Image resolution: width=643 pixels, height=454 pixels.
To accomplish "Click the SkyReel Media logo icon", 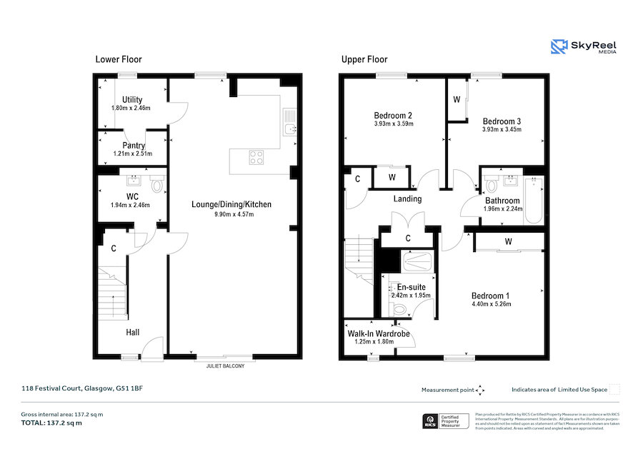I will tap(559, 47).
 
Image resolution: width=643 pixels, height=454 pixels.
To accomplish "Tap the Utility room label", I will tap(132, 99).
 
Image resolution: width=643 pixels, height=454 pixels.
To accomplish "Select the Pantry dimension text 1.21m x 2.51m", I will tap(132, 153).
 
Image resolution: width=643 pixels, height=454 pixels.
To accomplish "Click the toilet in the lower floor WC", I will tap(159, 185).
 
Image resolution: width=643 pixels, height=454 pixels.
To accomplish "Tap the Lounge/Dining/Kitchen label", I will tap(231, 205).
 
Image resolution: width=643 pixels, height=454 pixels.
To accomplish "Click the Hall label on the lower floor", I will tap(133, 332).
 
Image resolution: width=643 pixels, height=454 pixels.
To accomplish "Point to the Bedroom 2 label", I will tap(393, 115).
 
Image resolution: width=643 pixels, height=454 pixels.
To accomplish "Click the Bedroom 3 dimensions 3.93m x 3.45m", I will tap(502, 130).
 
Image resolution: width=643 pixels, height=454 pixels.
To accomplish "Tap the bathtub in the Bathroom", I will tap(534, 200).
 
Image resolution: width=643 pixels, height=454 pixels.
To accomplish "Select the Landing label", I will tap(407, 198).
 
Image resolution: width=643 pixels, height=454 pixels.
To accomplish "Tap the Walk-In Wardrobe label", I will tap(379, 333).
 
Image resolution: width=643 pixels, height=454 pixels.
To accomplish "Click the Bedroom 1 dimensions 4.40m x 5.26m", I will tap(492, 303).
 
